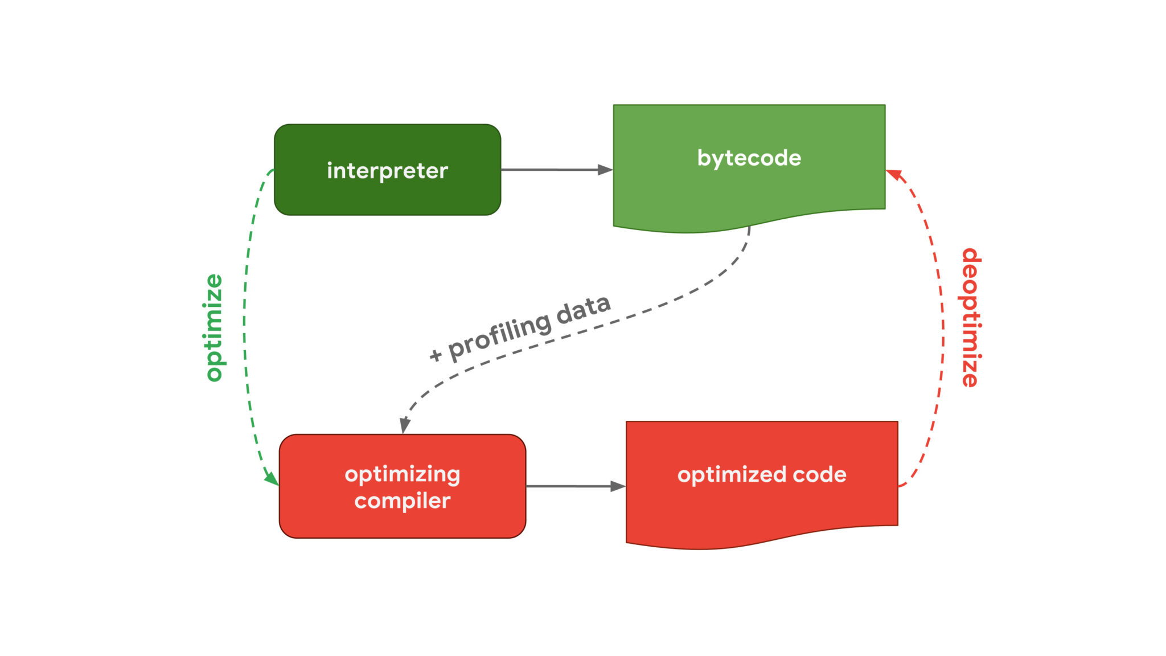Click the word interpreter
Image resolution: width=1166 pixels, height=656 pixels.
coord(387,170)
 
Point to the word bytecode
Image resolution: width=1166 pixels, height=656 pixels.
coord(749,158)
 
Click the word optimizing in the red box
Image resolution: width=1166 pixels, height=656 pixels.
coord(402,475)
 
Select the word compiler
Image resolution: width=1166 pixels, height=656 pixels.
coord(402,501)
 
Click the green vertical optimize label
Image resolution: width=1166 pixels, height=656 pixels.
coord(214,327)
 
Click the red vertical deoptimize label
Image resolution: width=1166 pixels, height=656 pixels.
coord(971,317)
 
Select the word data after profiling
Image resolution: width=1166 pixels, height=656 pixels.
coord(583,309)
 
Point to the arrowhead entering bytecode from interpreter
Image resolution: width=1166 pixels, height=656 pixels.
coord(605,170)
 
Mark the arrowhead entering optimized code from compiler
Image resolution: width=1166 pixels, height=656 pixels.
coord(618,486)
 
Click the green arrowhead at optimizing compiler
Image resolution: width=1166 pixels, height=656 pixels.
coord(272,477)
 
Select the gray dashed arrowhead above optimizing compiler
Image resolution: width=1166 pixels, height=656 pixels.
coord(404,425)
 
